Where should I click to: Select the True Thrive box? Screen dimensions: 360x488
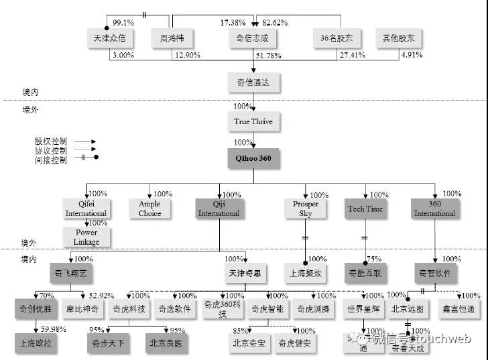253,122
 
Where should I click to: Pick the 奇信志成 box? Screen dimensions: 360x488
253,38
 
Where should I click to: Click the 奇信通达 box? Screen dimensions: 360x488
253,82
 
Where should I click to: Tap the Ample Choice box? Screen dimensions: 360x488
149,209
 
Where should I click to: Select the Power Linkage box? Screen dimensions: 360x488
86,237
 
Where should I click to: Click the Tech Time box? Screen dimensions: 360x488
365,209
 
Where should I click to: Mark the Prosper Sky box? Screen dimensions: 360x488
306,209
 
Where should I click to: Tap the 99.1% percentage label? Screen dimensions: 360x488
123,22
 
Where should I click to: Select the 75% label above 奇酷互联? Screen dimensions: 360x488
375,259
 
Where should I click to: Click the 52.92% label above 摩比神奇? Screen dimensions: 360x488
103,296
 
